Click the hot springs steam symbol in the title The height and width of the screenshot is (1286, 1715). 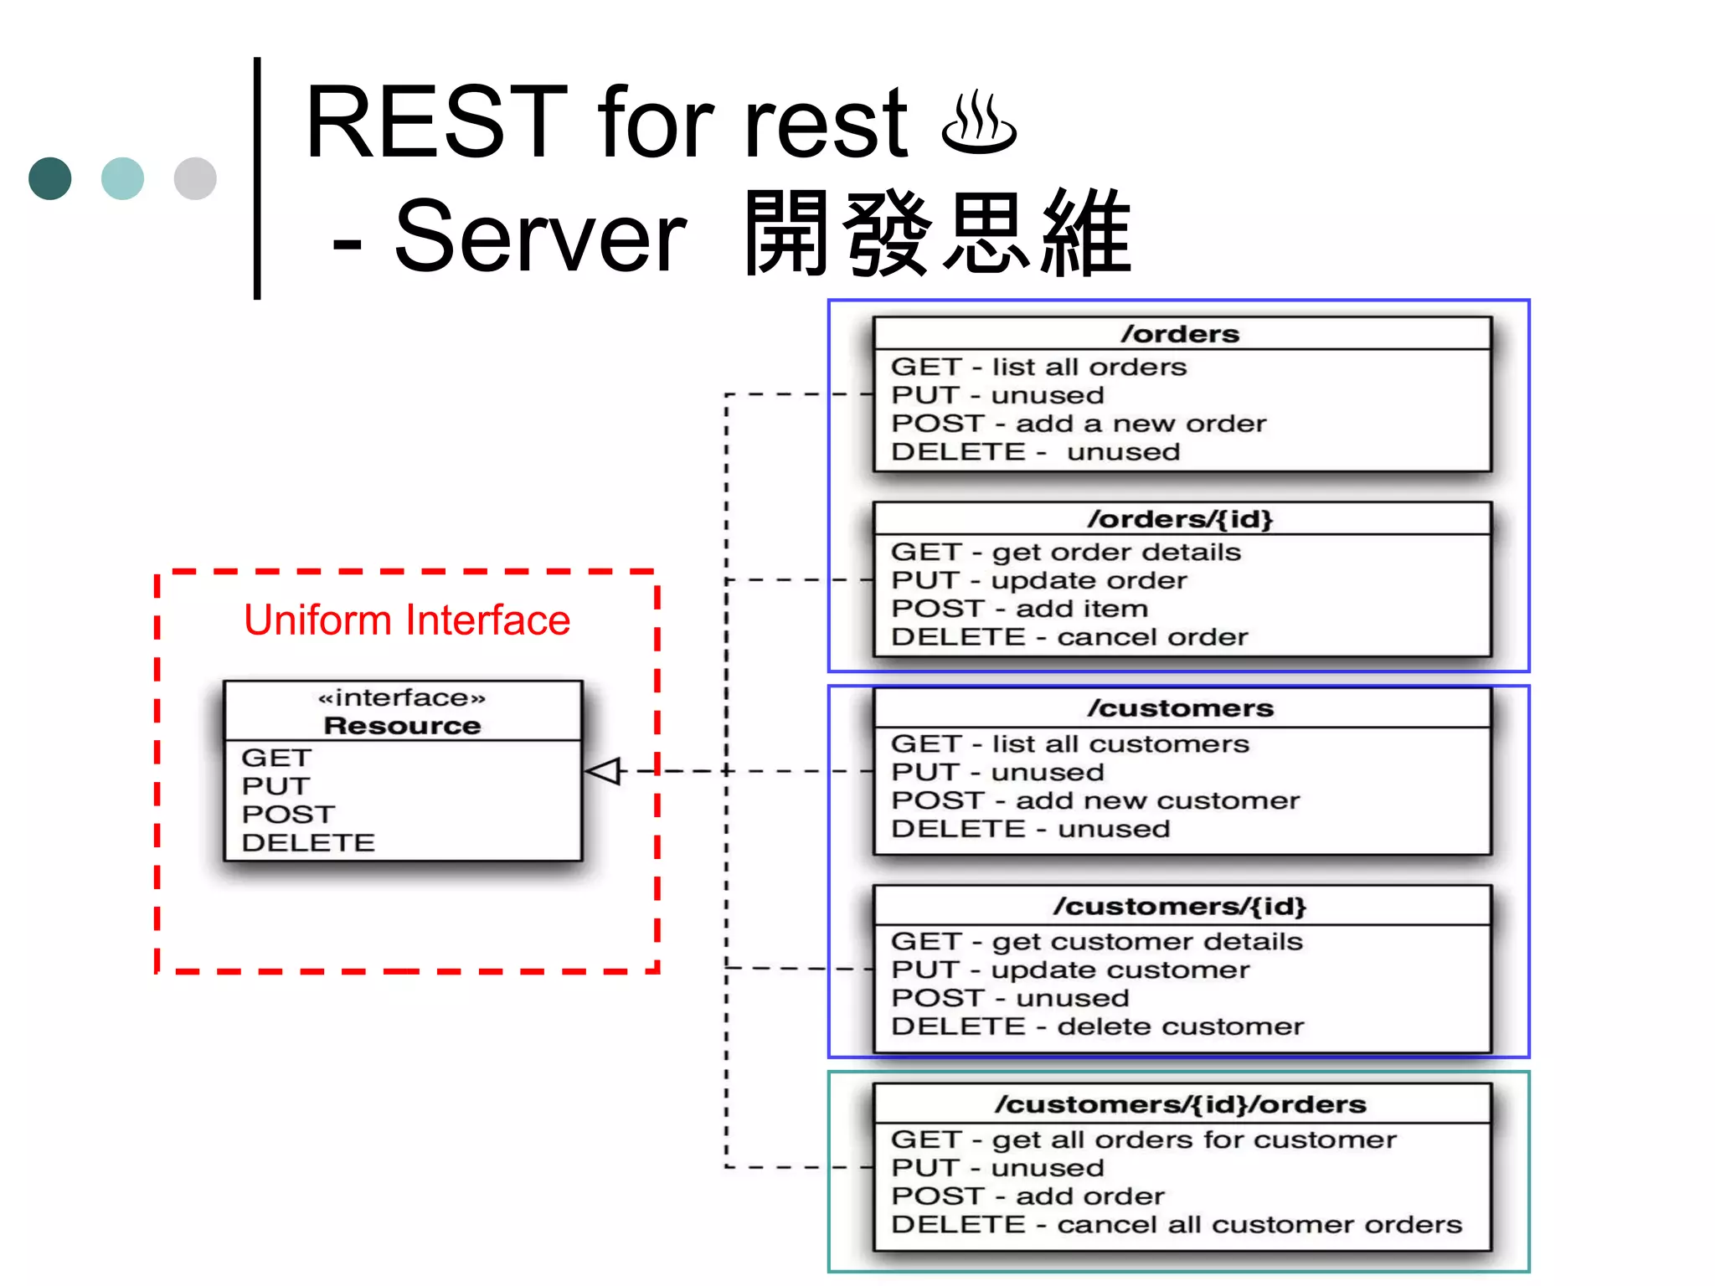pyautogui.click(x=978, y=125)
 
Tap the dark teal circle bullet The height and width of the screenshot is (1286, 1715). pyautogui.click(x=49, y=178)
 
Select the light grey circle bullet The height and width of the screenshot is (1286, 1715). pyautogui.click(x=195, y=178)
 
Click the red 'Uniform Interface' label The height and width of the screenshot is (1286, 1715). pyautogui.click(x=407, y=620)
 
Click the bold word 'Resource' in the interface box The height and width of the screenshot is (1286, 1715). pyautogui.click(x=402, y=725)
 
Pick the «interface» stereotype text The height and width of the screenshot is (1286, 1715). pyautogui.click(x=402, y=697)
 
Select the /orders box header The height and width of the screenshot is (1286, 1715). pyautogui.click(x=1181, y=334)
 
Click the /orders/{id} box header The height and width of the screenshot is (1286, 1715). pyautogui.click(x=1181, y=519)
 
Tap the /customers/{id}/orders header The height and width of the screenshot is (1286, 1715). pyautogui.click(x=1181, y=1104)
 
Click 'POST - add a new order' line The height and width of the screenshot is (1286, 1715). pyautogui.click(x=1079, y=424)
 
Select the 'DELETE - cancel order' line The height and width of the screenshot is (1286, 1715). pyautogui.click(x=1069, y=637)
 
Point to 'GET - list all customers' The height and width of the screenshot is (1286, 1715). pyautogui.click(x=1069, y=743)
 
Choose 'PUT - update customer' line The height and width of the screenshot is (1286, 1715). pyautogui.click(x=1069, y=970)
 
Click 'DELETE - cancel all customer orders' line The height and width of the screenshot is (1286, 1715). pyautogui.click(x=1176, y=1225)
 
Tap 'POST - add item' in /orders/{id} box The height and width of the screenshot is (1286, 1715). pyautogui.click(x=1019, y=609)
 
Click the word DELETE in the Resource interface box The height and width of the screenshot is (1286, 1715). pyautogui.click(x=308, y=842)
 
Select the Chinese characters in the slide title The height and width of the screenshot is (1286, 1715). pyautogui.click(x=938, y=234)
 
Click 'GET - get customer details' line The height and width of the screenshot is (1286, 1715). pyautogui.click(x=1096, y=941)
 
